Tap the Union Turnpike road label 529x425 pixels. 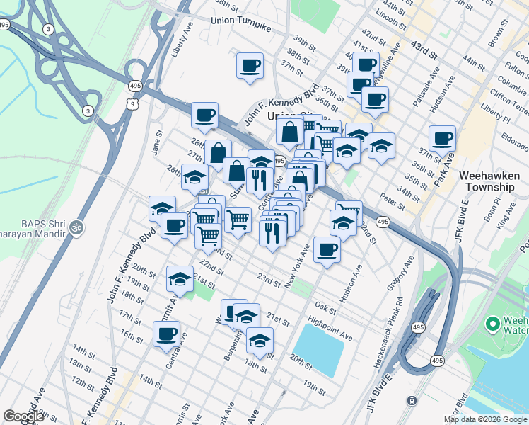[x=241, y=21]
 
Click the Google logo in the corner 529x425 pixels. [x=23, y=416]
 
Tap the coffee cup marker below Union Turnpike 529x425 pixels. [x=250, y=67]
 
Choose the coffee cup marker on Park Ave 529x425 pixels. [x=442, y=139]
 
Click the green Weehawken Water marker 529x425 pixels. [x=494, y=324]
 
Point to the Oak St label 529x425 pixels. [x=325, y=308]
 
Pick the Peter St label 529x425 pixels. [x=390, y=200]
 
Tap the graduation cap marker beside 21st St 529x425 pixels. [x=180, y=279]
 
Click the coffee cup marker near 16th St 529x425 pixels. [x=166, y=334]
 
